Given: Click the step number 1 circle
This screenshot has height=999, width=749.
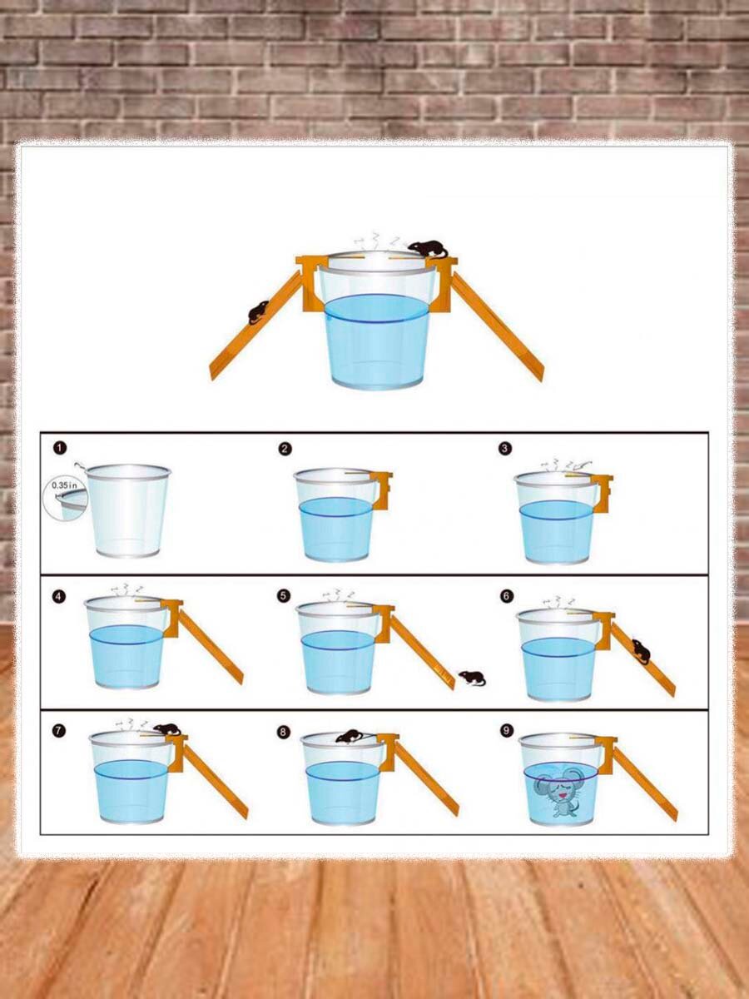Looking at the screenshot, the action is tap(60, 448).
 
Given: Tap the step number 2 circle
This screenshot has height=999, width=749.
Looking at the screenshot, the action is tap(285, 450).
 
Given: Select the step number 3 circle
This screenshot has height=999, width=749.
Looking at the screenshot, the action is tap(505, 448).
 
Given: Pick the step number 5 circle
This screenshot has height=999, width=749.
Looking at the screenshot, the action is tap(283, 596).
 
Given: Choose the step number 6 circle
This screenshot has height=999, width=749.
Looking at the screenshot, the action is tap(507, 596).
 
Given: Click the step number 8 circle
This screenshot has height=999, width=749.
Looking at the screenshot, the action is tap(283, 733).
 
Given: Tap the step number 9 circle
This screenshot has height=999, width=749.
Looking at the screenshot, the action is tap(507, 731).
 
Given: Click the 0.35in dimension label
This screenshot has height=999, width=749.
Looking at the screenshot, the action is tap(64, 485).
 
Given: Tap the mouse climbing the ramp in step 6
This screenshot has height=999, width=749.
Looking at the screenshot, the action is tap(642, 651).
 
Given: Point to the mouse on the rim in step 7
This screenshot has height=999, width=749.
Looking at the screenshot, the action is tap(167, 729).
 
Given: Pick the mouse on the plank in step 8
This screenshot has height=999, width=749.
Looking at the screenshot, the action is tap(350, 737).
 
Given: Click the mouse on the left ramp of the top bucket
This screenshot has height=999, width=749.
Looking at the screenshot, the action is tap(259, 312).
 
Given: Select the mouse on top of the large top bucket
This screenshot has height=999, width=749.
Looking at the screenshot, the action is tap(429, 249).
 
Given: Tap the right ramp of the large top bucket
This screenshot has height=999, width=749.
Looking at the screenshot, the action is tap(497, 327).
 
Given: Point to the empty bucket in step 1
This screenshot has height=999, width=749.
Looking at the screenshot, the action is tap(128, 510).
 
